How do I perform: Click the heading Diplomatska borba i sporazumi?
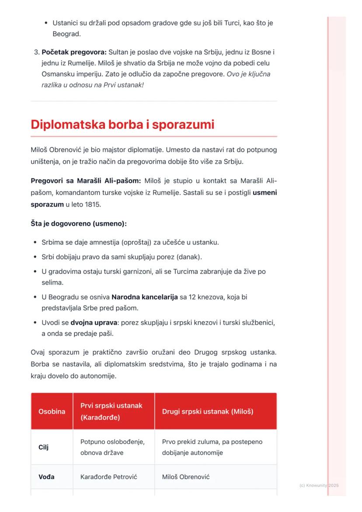(x=122, y=125)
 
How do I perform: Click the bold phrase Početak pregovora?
(x=74, y=52)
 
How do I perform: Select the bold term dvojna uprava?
(x=91, y=323)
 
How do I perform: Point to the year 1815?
(x=92, y=204)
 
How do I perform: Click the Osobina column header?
(x=52, y=411)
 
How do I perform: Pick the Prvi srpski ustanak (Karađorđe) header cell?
(x=111, y=411)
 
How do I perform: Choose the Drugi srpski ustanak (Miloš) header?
(x=208, y=411)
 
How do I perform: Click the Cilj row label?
(x=44, y=447)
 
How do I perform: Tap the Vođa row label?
(x=46, y=477)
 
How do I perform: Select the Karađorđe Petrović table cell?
(x=109, y=477)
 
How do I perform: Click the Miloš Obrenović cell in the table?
(x=186, y=477)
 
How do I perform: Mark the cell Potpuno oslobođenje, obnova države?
(x=112, y=447)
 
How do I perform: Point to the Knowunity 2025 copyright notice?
(x=319, y=485)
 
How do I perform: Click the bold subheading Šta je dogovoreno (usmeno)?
(x=79, y=223)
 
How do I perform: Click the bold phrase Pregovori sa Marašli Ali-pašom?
(x=86, y=181)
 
